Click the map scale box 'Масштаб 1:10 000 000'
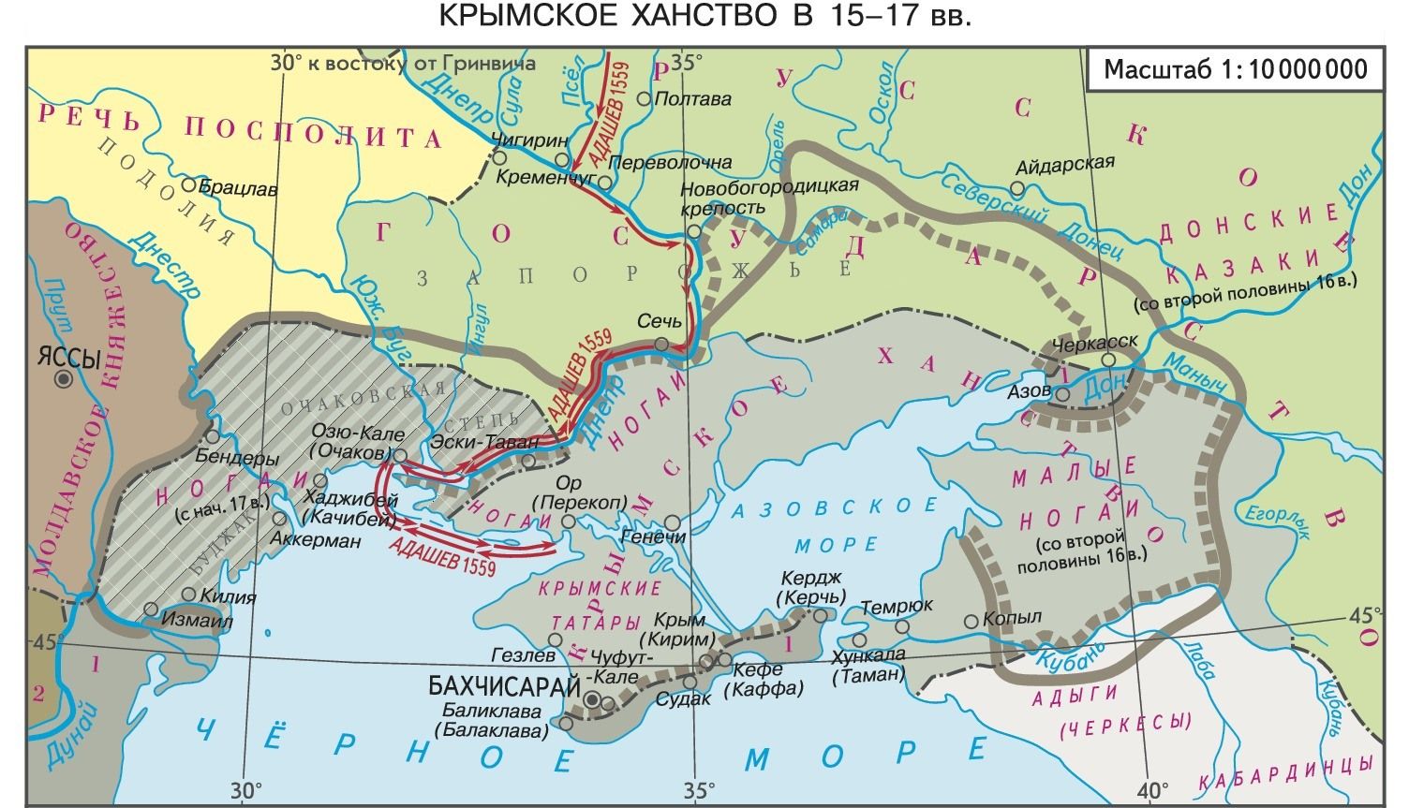click(1235, 70)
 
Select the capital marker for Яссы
click(63, 379)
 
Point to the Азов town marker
click(1062, 395)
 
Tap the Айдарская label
click(1066, 164)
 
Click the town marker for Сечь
click(661, 345)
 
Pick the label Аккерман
click(315, 541)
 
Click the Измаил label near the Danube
click(196, 621)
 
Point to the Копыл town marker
click(970, 621)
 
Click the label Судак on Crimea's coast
click(683, 698)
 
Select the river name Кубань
click(1065, 660)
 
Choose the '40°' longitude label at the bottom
click(1150, 787)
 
